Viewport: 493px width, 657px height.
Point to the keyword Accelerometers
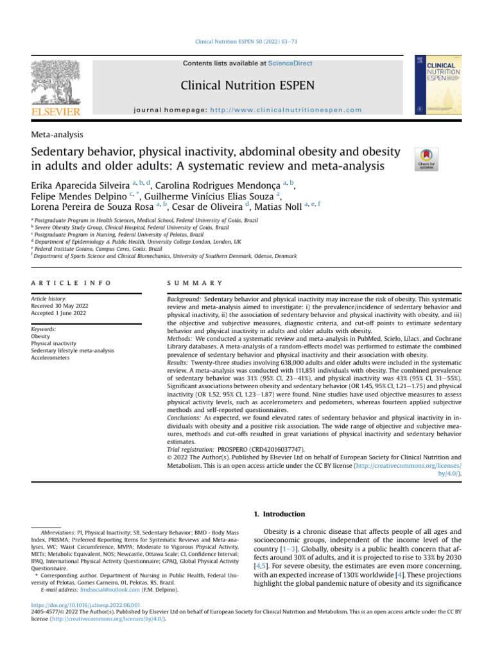coord(55,359)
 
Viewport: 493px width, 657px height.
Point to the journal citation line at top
coord(246,42)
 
